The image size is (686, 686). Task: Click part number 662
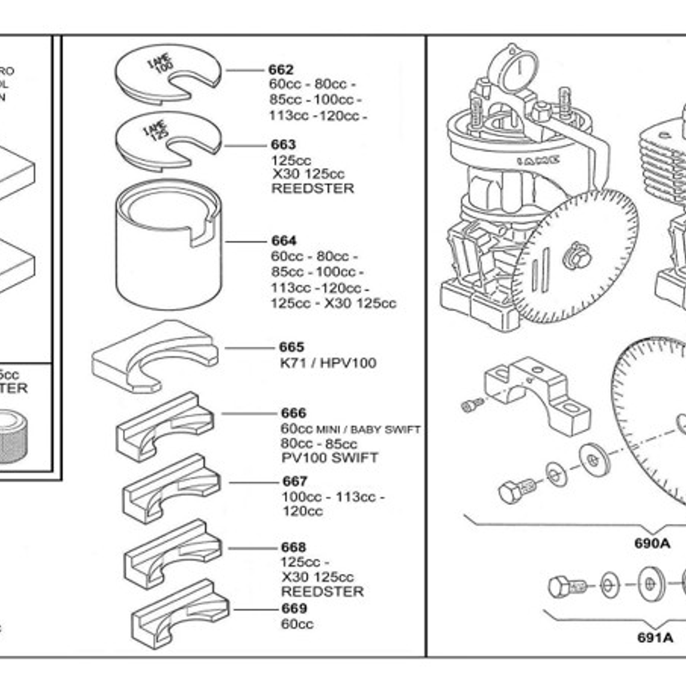click(281, 70)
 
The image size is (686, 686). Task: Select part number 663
click(283, 144)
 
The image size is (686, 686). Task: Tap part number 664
click(283, 241)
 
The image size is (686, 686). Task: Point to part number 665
click(291, 347)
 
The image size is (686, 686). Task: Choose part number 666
click(293, 413)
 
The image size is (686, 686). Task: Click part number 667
click(294, 481)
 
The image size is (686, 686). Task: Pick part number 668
click(293, 547)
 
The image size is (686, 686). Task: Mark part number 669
click(294, 608)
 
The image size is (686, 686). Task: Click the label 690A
click(652, 543)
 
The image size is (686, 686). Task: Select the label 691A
click(655, 637)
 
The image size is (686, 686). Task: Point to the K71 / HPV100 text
click(328, 363)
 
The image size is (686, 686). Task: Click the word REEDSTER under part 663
click(312, 188)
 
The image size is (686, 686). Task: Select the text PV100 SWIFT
click(330, 458)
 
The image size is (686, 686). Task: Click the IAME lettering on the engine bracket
click(538, 160)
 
